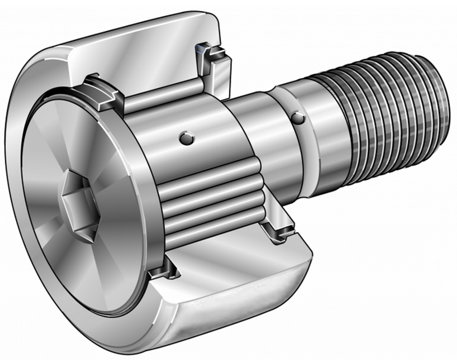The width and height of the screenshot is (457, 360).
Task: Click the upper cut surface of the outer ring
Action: pyautogui.click(x=143, y=54)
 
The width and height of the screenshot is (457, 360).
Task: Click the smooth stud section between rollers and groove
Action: pyautogui.click(x=261, y=143)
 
